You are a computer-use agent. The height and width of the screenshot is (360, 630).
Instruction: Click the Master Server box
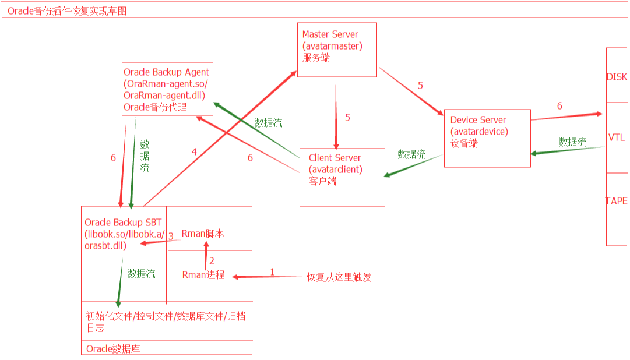point(337,50)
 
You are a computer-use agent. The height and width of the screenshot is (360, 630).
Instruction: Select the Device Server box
point(487,138)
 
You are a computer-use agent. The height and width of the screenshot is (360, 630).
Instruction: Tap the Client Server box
point(342,177)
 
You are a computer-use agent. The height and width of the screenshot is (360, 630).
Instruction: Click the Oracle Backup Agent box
point(167,89)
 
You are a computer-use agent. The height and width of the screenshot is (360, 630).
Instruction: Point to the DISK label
point(617,77)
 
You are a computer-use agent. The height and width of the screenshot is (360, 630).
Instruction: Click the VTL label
point(617,137)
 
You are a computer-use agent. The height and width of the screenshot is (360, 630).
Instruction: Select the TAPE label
point(617,200)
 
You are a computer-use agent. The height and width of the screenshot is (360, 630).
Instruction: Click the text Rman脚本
point(203,234)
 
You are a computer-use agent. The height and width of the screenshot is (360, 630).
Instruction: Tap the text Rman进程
point(203,275)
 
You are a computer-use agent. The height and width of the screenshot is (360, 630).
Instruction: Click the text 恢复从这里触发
point(339,277)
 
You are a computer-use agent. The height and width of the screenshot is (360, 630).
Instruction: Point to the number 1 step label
point(272,271)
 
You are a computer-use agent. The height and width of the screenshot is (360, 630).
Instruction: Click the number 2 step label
point(212,261)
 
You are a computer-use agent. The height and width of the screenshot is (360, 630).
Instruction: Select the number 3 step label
point(171,236)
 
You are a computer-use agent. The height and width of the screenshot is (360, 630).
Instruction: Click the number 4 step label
point(195,151)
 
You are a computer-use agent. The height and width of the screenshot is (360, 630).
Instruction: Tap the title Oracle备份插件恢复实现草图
point(67,10)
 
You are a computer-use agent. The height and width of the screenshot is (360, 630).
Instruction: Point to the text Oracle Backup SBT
point(123,223)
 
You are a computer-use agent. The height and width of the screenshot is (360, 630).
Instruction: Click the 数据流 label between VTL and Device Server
point(572,142)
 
